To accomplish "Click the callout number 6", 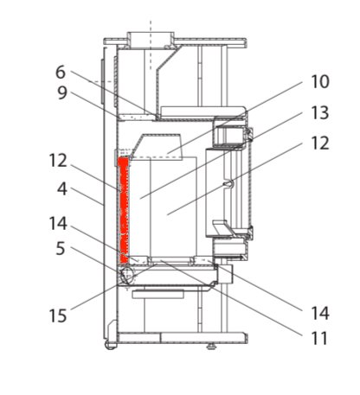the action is pyautogui.click(x=61, y=73).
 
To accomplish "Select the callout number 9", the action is pyautogui.click(x=62, y=92).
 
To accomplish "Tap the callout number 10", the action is pyautogui.click(x=320, y=82).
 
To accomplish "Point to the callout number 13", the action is pyautogui.click(x=320, y=113).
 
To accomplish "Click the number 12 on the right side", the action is pyautogui.click(x=320, y=143).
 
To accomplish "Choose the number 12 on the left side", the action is pyautogui.click(x=58, y=161).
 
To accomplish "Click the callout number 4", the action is pyautogui.click(x=62, y=189).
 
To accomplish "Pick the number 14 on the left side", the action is pyautogui.click(x=58, y=224).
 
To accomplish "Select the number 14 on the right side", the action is pyautogui.click(x=320, y=313).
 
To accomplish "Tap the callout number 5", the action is pyautogui.click(x=61, y=249).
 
